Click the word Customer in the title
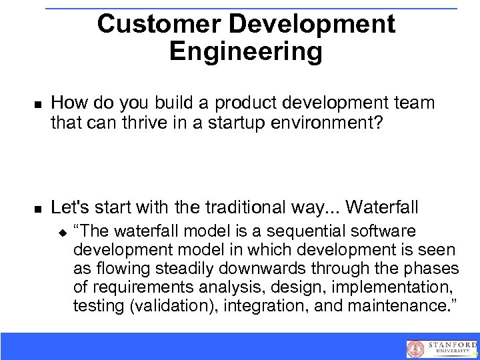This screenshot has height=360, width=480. coord(158,24)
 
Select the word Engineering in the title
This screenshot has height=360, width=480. coord(245,51)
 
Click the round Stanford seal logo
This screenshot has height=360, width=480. coord(415,349)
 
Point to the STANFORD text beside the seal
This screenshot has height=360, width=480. coord(451,345)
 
